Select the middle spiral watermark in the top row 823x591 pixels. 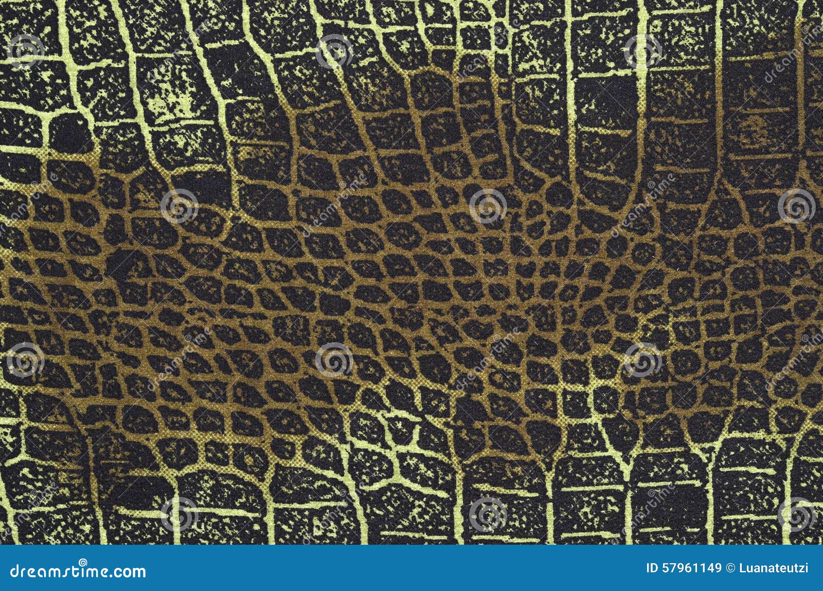334,51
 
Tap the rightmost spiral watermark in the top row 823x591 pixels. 643,51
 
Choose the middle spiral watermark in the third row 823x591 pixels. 334,360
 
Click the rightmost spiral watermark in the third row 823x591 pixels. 643,360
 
